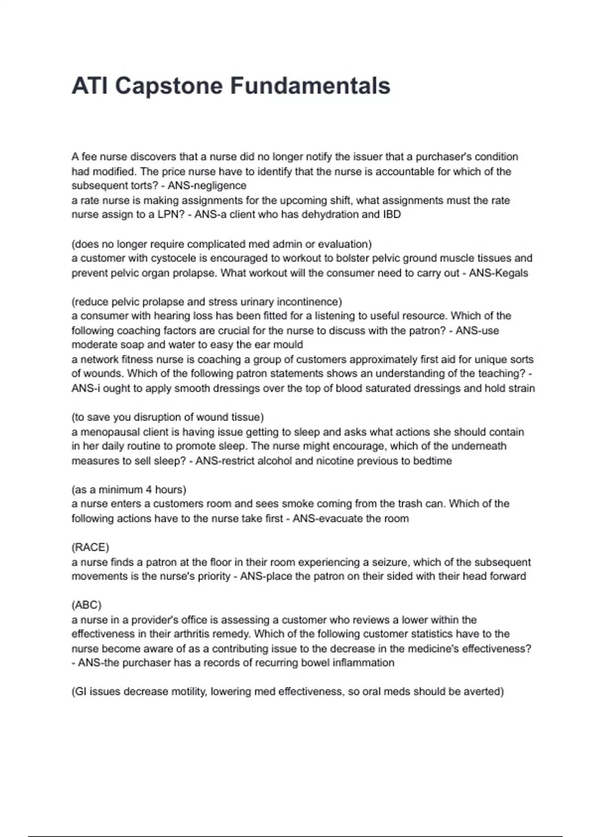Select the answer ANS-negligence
pos(207,186)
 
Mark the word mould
pos(288,345)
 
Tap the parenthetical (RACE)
pos(90,547)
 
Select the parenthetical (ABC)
pos(86,605)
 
